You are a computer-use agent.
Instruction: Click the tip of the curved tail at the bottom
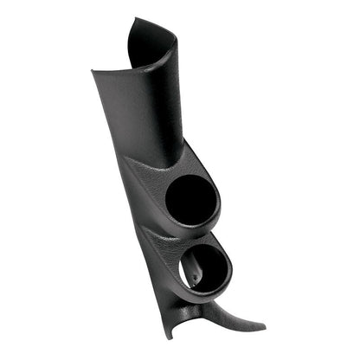(x=262, y=327)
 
